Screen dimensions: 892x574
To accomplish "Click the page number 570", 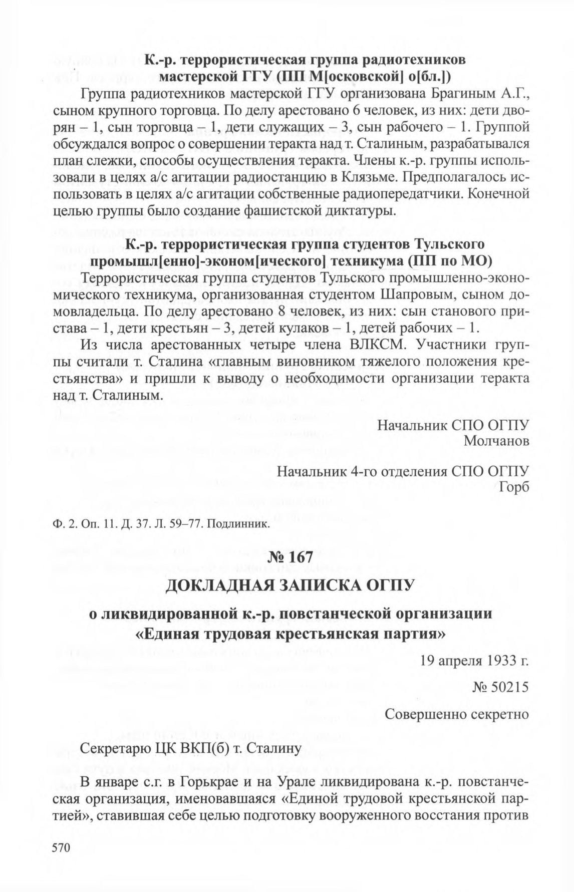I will [59, 847].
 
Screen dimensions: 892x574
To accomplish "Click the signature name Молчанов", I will [496, 441].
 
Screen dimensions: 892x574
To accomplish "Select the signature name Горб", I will [514, 486].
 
